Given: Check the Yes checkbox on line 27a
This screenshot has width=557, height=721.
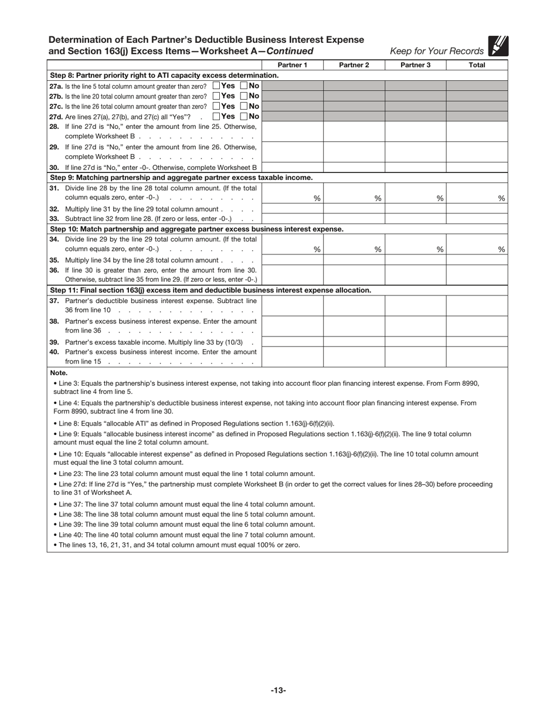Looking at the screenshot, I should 216,86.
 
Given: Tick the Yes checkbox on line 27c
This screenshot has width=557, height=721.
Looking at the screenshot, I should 216,106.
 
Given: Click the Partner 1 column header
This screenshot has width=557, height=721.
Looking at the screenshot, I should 292,65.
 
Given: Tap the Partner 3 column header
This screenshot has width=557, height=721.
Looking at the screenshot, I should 415,65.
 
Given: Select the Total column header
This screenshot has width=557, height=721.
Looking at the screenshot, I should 477,65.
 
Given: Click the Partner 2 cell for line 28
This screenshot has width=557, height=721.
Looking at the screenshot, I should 354,131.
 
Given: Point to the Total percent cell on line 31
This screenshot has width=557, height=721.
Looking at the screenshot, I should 477,193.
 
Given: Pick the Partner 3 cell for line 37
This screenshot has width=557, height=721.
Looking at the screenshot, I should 415,305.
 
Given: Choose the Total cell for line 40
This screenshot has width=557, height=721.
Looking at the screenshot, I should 477,356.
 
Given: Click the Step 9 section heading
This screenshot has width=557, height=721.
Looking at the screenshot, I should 181,178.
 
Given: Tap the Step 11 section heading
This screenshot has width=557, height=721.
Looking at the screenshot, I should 210,290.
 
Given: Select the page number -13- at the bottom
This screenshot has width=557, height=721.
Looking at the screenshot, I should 278,691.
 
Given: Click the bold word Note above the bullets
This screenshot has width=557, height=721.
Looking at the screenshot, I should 59,373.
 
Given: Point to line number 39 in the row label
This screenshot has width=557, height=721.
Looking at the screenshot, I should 54,342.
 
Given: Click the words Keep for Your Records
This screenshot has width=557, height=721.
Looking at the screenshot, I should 437,51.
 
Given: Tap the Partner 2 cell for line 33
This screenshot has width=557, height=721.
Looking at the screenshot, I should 354,219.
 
